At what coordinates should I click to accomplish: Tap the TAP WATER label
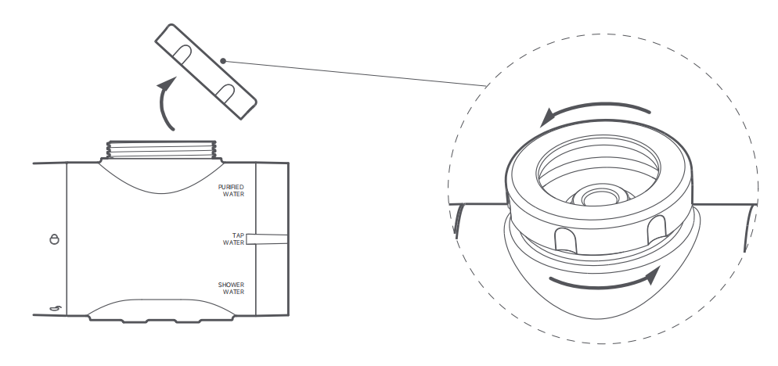tap(234, 238)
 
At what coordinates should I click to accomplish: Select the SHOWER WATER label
tap(232, 288)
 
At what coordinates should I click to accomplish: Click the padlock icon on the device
tap(54, 239)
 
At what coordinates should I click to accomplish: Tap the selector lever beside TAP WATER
tap(267, 239)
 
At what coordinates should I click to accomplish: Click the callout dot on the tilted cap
tap(224, 59)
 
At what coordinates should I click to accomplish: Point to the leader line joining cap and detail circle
tap(352, 72)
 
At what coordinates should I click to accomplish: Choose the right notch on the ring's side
tap(656, 228)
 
